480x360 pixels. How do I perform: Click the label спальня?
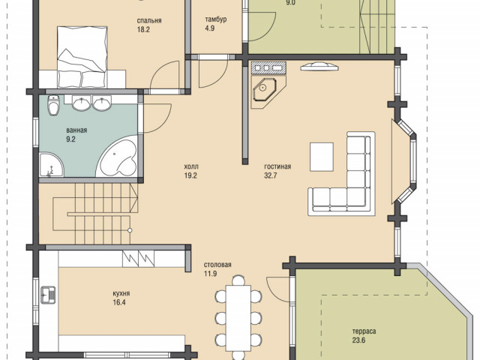149,21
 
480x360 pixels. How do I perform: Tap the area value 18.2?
143,30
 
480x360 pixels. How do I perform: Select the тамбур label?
216,19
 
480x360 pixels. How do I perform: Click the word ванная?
76,130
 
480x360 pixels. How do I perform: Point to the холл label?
191,166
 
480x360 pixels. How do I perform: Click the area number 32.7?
271,175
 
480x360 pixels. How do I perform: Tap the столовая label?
217,265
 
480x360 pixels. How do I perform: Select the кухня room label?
121,293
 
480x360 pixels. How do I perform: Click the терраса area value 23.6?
358,340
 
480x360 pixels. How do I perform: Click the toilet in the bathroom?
53,105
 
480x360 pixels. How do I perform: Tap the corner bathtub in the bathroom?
118,157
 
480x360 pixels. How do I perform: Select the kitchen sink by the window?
48,295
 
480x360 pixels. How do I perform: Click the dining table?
238,318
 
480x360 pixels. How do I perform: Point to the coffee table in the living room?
322,157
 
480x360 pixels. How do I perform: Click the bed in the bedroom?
82,57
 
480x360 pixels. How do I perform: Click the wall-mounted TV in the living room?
319,67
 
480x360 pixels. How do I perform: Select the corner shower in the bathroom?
51,165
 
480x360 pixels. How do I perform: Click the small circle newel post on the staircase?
130,230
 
